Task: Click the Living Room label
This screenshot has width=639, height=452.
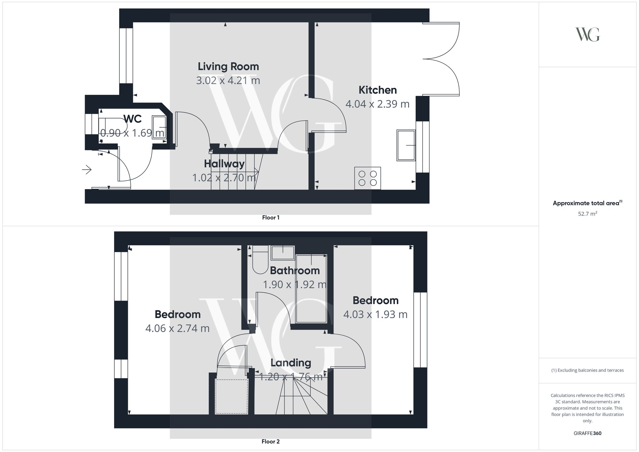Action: (228, 66)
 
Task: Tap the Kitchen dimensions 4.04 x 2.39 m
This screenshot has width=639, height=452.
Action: (377, 104)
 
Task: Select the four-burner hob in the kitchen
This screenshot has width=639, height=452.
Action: (367, 178)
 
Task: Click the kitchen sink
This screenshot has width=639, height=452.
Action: (406, 145)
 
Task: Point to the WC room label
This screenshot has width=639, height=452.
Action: (133, 119)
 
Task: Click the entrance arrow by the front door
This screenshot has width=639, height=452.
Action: (87, 170)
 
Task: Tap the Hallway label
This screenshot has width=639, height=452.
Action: (224, 164)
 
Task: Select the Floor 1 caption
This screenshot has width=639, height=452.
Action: (271, 218)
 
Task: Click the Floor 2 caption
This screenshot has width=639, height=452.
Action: (271, 441)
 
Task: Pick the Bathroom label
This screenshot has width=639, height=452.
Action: (295, 271)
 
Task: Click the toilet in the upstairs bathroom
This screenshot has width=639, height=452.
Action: (260, 260)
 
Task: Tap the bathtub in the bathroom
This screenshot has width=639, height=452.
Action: (311, 288)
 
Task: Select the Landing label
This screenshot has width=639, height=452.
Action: (291, 363)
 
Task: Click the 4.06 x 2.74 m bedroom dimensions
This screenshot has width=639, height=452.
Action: (177, 328)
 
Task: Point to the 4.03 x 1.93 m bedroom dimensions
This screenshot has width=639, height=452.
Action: (375, 315)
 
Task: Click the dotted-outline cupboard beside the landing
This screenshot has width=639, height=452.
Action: (232, 396)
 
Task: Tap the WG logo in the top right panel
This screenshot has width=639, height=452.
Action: (587, 34)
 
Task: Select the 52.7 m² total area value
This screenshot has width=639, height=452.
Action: (587, 214)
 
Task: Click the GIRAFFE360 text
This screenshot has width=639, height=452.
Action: (587, 433)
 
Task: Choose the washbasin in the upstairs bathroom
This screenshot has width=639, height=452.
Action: (283, 253)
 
